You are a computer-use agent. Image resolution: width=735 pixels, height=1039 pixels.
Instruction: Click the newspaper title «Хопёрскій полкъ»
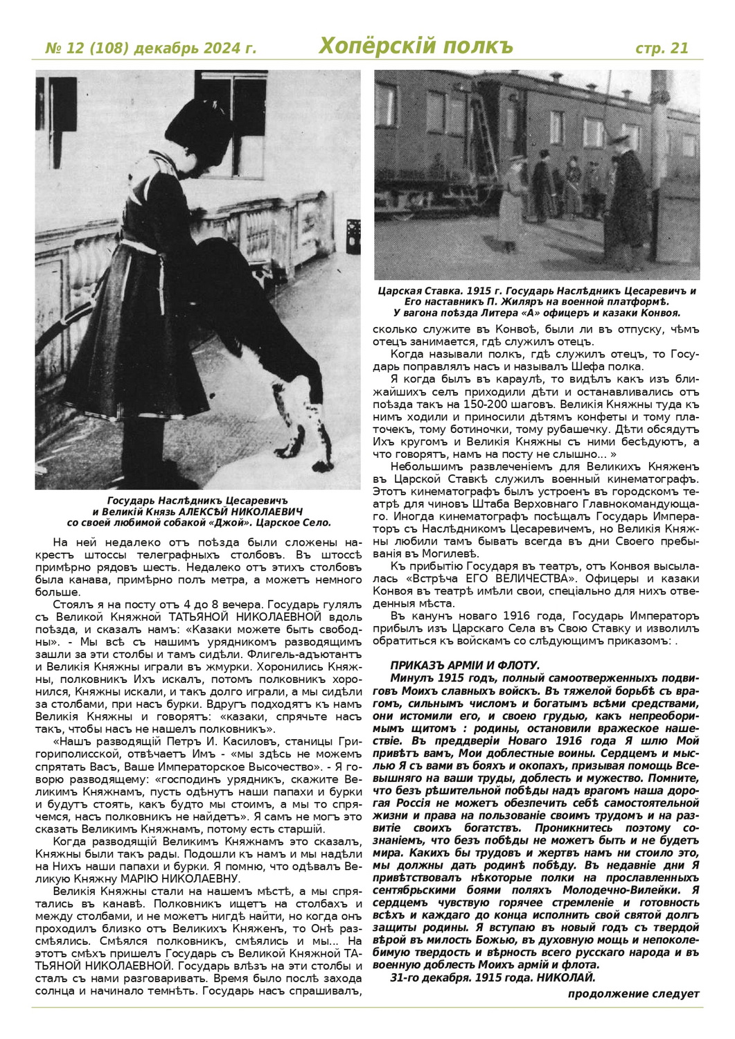click(416, 47)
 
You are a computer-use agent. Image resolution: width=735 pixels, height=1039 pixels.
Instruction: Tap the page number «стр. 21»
click(662, 48)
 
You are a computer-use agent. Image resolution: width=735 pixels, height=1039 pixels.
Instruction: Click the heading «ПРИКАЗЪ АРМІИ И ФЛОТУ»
click(465, 665)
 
